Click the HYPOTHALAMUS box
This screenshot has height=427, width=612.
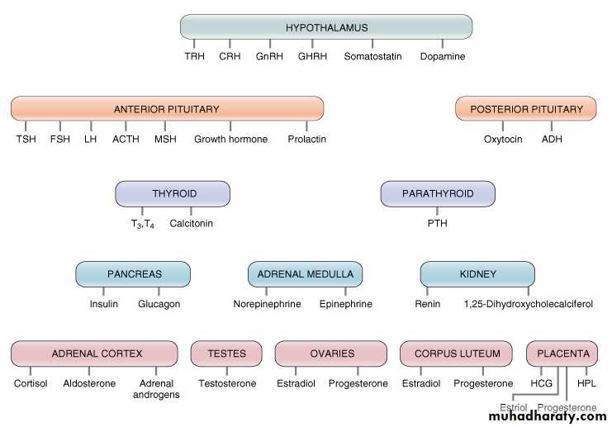(x=326, y=27)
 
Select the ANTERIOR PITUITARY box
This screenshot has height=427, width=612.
(x=167, y=109)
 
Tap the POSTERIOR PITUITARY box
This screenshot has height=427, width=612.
(x=526, y=109)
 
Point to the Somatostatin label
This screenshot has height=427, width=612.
(x=372, y=57)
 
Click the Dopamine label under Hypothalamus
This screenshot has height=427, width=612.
(x=443, y=57)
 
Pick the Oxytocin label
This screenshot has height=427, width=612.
(x=503, y=140)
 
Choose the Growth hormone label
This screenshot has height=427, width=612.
(x=230, y=140)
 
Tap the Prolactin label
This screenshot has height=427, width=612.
(x=307, y=140)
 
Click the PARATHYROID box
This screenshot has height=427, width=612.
(x=438, y=194)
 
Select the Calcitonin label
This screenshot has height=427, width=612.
(x=192, y=223)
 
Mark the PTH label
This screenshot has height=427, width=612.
(x=438, y=223)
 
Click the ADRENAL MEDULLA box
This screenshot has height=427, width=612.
(x=305, y=274)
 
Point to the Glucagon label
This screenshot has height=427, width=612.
(x=159, y=304)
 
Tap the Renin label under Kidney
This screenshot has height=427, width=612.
(x=428, y=304)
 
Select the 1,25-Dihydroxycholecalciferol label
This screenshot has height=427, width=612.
(x=529, y=304)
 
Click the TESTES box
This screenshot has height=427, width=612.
(x=226, y=353)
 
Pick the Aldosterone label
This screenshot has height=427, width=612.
(x=89, y=384)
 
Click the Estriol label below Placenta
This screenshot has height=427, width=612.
(x=513, y=408)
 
